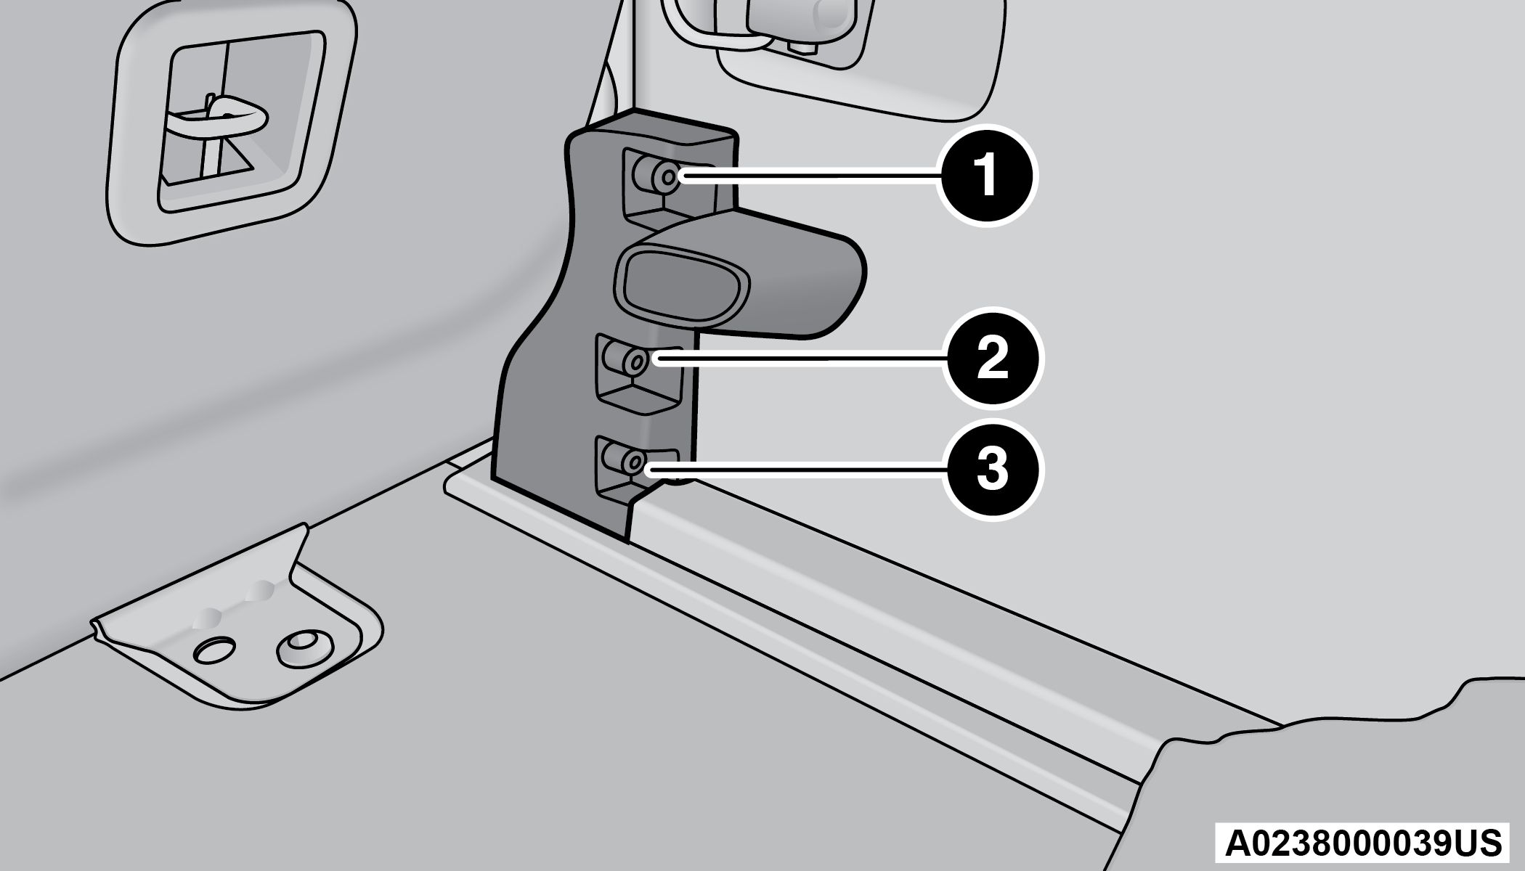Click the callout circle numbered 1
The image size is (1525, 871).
[987, 176]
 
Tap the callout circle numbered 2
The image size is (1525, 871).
[992, 359]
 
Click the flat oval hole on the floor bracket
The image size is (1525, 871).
[215, 650]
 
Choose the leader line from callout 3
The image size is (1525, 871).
[795, 470]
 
